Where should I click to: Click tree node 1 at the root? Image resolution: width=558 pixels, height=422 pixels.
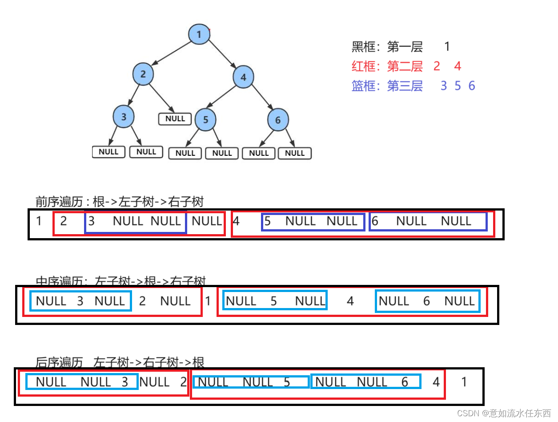pyautogui.click(x=199, y=34)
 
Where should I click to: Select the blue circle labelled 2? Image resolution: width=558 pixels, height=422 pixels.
pyautogui.click(x=143, y=74)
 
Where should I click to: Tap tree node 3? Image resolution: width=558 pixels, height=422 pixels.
pyautogui.click(x=124, y=117)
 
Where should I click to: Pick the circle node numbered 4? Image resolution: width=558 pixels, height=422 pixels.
pyautogui.click(x=243, y=77)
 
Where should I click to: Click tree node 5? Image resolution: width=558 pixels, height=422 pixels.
pyautogui.click(x=205, y=120)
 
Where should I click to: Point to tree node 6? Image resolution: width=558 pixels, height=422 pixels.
pyautogui.click(x=278, y=120)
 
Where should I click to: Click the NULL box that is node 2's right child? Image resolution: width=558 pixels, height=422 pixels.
pyautogui.click(x=175, y=119)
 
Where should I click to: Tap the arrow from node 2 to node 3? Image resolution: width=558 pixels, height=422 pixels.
pyautogui.click(x=134, y=94)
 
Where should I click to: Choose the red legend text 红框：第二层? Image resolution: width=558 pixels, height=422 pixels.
pyautogui.click(x=387, y=66)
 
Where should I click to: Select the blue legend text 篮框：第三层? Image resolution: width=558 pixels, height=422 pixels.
pyautogui.click(x=387, y=85)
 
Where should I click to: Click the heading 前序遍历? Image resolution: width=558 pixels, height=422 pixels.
pyautogui.click(x=59, y=202)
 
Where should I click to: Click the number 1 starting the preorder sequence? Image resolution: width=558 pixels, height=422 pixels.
pyautogui.click(x=39, y=221)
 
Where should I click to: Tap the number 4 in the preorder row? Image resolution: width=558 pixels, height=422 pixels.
pyautogui.click(x=236, y=221)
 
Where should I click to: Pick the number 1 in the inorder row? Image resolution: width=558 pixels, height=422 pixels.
pyautogui.click(x=208, y=301)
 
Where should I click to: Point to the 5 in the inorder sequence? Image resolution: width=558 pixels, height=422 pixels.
pyautogui.click(x=273, y=301)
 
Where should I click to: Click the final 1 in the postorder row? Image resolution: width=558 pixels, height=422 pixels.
pyautogui.click(x=464, y=382)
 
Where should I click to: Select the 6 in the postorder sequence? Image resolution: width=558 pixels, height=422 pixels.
pyautogui.click(x=405, y=382)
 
